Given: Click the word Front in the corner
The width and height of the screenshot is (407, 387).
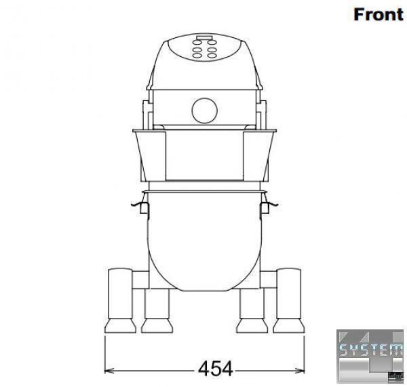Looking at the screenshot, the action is coord(379,14).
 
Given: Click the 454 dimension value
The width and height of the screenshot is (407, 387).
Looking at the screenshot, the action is coord(216,369).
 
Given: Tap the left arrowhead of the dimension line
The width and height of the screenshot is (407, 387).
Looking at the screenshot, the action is coord(109,371).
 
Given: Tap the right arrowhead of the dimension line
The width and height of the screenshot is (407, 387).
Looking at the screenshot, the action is coord(300,371).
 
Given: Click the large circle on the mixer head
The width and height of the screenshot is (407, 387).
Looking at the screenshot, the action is coord(205,110).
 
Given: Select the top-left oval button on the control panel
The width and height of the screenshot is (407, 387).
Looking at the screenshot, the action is coord(197,42).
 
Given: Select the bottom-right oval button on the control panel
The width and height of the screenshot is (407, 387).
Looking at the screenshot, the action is coord(212,56).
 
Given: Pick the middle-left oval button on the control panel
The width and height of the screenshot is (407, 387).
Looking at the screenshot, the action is coord(197,49).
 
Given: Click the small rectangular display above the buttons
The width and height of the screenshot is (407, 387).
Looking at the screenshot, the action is coord(205,38).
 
